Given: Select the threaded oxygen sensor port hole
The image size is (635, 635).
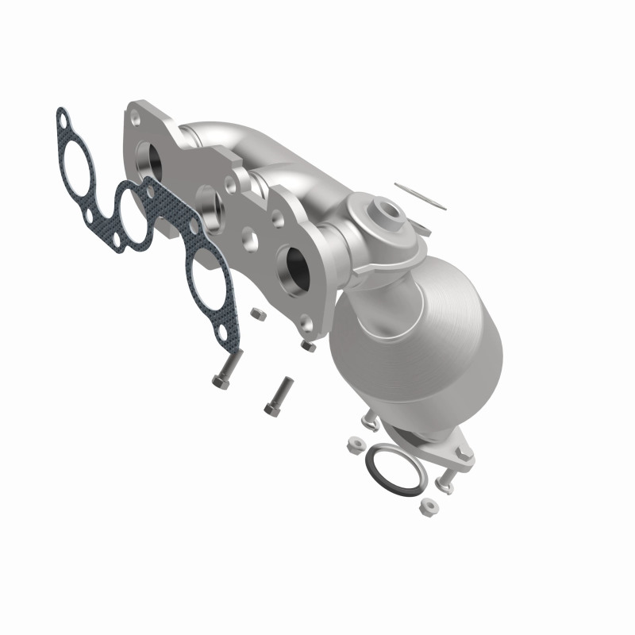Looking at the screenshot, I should click(391, 212).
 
